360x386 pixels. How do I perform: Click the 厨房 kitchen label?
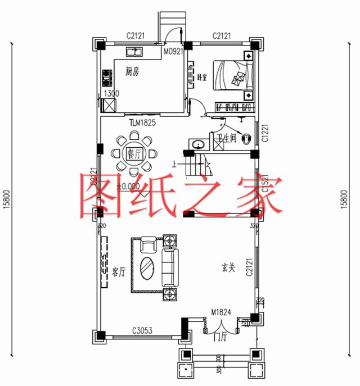pos(132,71)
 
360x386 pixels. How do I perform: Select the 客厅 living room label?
pos(118,272)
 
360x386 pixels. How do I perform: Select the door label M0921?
pos(173,51)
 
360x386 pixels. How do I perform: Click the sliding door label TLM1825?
pos(140,121)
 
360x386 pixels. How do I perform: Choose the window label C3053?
pos(143,330)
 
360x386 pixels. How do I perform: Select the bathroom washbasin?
pos(197,144)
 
